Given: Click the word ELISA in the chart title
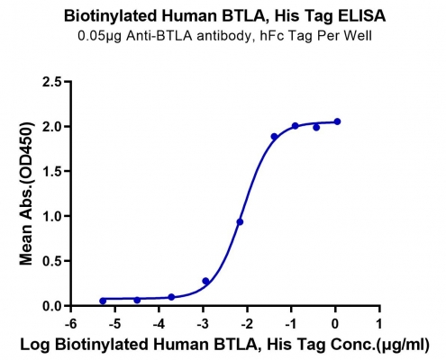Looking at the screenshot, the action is pos(361,16).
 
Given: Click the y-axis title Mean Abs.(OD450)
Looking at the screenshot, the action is pos(26,193).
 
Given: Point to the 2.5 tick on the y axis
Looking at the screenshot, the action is pos(52,82).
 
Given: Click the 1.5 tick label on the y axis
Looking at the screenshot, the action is pos(52,172).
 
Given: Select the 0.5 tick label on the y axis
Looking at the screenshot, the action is pos(52,261).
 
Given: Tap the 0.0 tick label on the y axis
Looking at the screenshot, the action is pos(52,306).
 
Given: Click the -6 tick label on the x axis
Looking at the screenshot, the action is pos(70,324).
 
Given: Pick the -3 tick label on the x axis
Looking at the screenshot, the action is pos(203,324).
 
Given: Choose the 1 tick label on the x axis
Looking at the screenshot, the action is pos(379,324).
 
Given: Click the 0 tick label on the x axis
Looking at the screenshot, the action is pos(335,324).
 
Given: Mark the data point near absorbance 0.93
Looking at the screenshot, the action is pos(240,222).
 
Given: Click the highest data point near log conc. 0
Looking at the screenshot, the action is pos(337,121).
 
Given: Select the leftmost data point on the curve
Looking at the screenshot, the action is pos(103,301).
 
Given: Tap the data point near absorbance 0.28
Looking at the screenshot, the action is pos(205,281).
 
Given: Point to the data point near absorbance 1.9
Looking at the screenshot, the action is pos(274,137).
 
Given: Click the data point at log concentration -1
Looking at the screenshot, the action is pos(296,126).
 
